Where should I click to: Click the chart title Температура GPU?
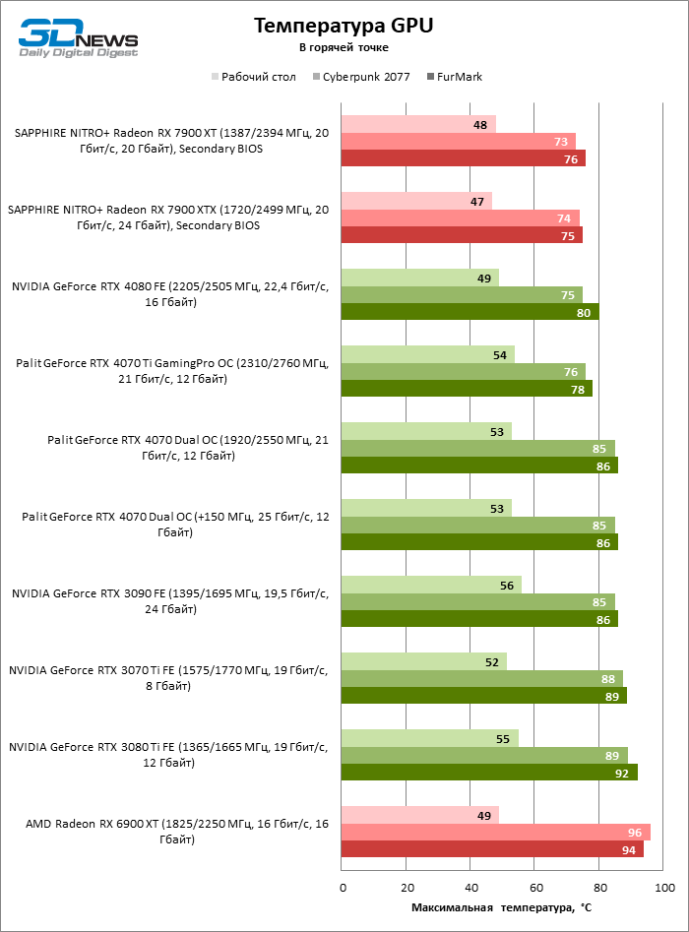pos(344,26)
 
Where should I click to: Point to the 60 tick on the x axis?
pos(535,889)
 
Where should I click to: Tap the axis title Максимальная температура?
pos(501,907)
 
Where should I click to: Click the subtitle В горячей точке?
pos(344,47)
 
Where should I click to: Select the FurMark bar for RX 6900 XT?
pos(492,849)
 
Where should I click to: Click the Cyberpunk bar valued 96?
pos(495,832)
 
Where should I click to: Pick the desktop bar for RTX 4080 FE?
pos(420,278)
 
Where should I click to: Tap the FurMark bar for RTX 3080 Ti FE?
pos(489,773)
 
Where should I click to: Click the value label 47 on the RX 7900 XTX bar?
pos(477,201)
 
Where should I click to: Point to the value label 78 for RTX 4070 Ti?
pos(577,389)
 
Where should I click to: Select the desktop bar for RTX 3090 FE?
pos(431,585)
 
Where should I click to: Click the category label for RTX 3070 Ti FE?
pos(167,678)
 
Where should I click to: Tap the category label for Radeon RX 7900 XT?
pos(169,141)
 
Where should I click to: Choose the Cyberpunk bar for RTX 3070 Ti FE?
pos(482,678)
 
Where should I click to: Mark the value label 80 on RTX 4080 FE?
pos(584,312)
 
